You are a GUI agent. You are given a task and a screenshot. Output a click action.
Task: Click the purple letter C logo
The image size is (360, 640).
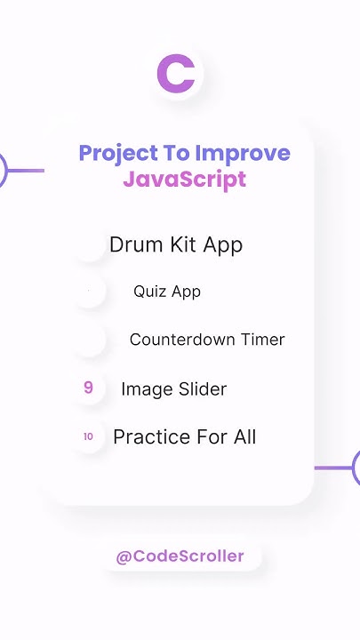pos(175,74)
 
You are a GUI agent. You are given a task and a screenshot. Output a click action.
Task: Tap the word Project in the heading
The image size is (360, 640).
pos(115,153)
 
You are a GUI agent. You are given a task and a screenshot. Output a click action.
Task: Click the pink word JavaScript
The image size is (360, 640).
pos(184,179)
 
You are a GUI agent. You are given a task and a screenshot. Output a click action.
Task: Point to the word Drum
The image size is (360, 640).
pos(132,244)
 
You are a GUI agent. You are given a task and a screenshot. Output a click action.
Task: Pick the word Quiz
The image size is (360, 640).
pos(149,292)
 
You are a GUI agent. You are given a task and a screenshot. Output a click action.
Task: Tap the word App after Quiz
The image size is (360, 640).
pos(186,292)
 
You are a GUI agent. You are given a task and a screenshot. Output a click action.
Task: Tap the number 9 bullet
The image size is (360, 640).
pos(88,388)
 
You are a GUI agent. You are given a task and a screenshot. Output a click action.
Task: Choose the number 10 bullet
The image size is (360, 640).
pos(88,436)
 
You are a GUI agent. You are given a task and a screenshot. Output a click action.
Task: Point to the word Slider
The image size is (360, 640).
pos(201,388)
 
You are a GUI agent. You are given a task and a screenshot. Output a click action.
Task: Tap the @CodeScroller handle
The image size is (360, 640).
pos(180,556)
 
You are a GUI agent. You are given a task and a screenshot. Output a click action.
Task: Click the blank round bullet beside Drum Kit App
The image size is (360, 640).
pos(89,244)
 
